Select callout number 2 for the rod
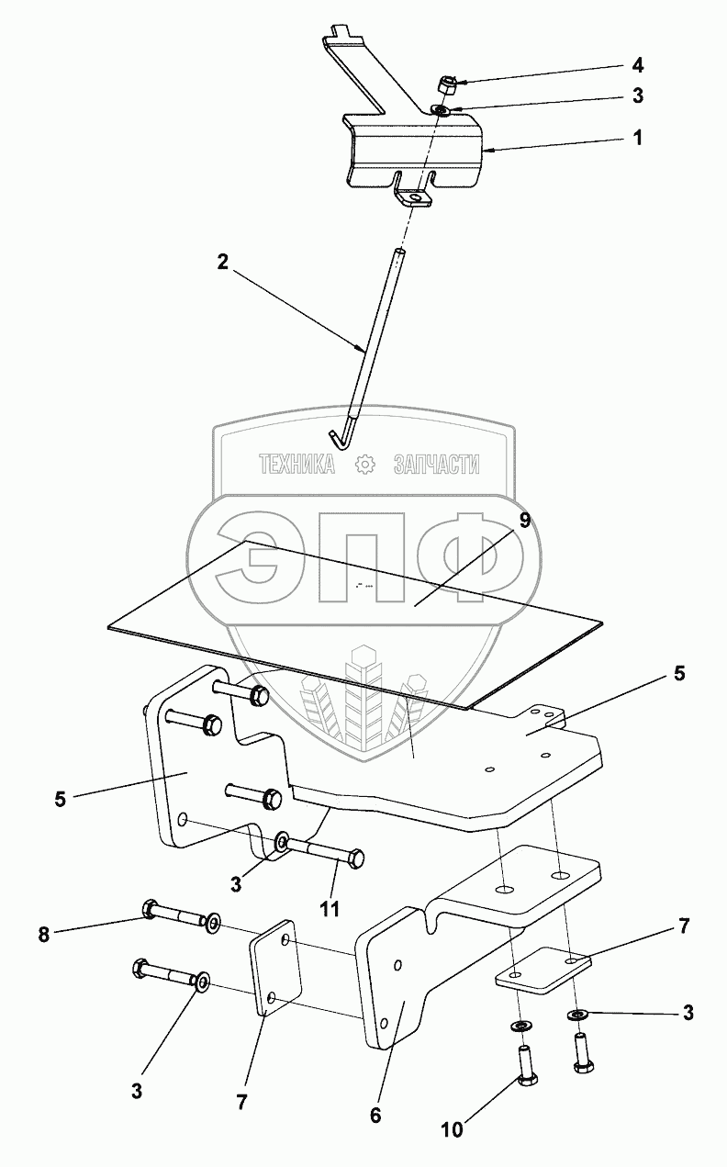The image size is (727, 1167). tap(223, 260)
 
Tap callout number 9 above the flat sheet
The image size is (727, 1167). tap(524, 521)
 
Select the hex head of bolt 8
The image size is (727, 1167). tap(150, 911)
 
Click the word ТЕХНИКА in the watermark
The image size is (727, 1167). tap(296, 465)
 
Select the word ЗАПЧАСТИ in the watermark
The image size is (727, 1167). tap(436, 465)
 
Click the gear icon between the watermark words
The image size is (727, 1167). tap(364, 465)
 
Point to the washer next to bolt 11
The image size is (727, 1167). tap(284, 842)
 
